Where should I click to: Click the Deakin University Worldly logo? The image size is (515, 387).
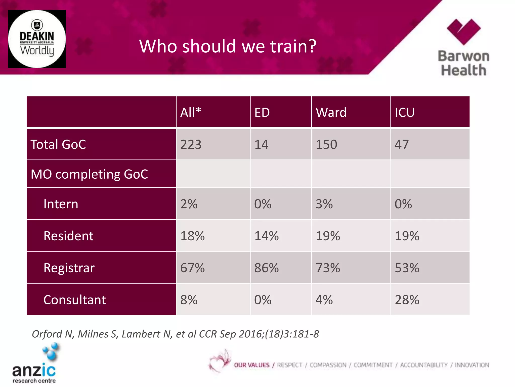click(x=37, y=39)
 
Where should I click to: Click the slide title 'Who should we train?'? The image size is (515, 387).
click(x=228, y=46)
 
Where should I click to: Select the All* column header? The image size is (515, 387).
click(x=191, y=112)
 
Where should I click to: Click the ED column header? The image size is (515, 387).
click(x=262, y=112)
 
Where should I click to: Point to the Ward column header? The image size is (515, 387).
click(x=331, y=112)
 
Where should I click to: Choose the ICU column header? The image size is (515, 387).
click(x=404, y=112)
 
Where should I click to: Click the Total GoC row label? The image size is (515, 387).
click(x=58, y=145)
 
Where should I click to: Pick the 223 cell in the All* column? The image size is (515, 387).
click(x=191, y=145)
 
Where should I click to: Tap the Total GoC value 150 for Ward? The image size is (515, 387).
click(x=326, y=145)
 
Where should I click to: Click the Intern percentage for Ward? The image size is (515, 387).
click(x=324, y=204)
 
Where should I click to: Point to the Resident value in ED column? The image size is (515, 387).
click(x=266, y=236)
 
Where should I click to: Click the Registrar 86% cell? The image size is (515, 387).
click(x=266, y=268)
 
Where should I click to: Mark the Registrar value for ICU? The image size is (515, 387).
click(x=407, y=268)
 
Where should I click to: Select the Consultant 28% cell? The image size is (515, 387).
click(x=407, y=300)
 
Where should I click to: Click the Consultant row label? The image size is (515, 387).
click(x=74, y=300)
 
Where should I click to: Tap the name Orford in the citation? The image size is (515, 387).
click(x=47, y=334)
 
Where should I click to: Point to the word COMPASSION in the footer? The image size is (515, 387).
click(x=328, y=365)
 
